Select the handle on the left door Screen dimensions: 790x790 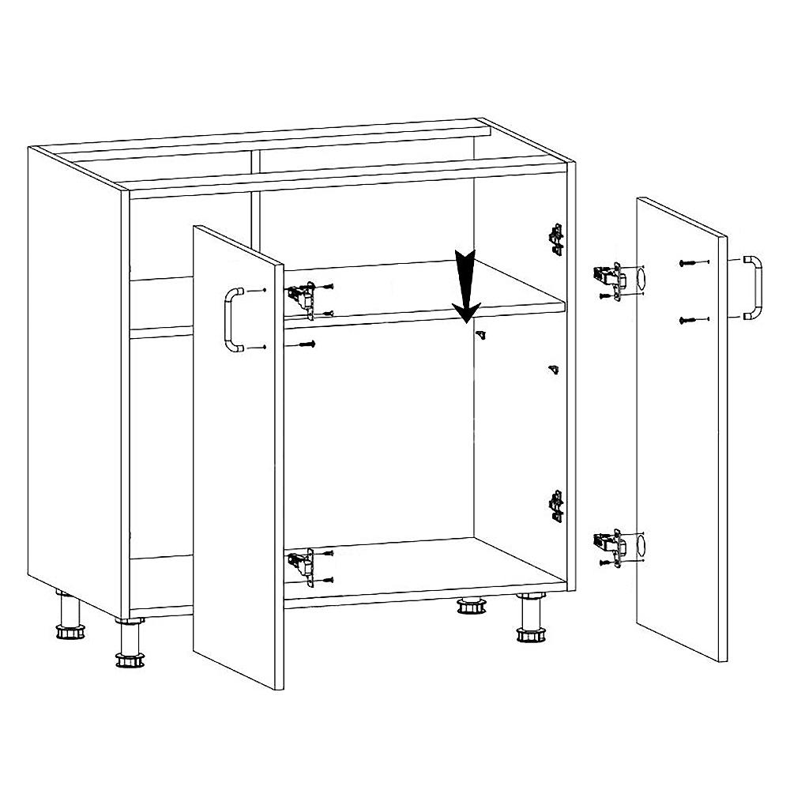[x=231, y=319]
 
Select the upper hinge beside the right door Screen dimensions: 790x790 [x=608, y=277]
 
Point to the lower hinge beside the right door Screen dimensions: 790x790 [x=608, y=544]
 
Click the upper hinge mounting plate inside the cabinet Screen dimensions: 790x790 [x=556, y=237]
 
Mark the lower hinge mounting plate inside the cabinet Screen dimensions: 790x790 [x=556, y=506]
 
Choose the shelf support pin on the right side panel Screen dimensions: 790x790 [x=554, y=369]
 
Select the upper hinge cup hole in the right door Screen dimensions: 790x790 [x=640, y=279]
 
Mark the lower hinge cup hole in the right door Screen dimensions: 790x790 [x=640, y=545]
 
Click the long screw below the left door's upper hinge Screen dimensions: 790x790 [x=307, y=344]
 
